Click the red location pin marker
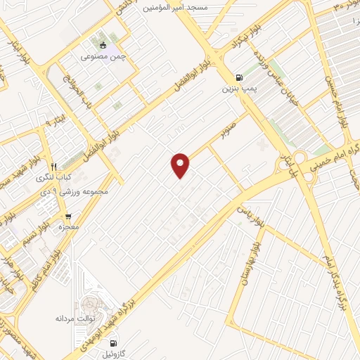pyautogui.click(x=181, y=165)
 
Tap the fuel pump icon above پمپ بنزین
pyautogui.click(x=240, y=78)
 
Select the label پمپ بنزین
pyautogui.click(x=237, y=89)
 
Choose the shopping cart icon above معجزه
pyautogui.click(x=68, y=217)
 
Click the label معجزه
pyautogui.click(x=68, y=227)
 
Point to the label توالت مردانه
pyautogui.click(x=75, y=319)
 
